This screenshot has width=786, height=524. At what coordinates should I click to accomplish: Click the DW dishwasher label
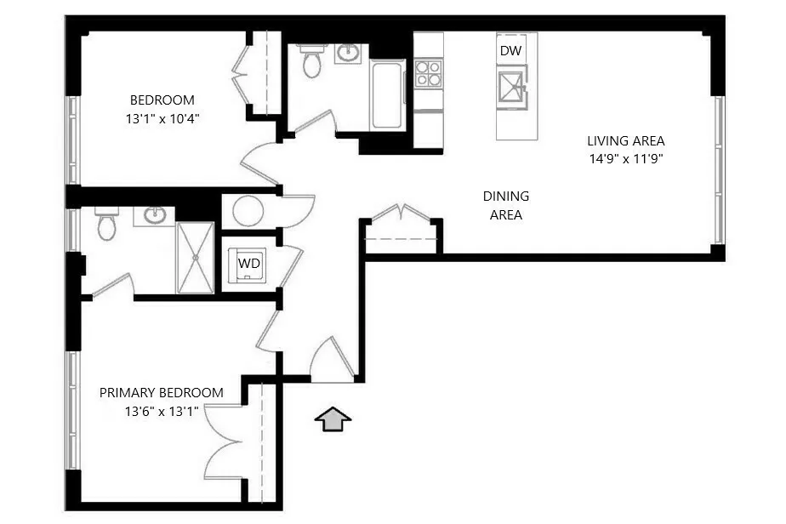click(510, 51)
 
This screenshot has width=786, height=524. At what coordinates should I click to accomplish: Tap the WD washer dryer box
click(249, 264)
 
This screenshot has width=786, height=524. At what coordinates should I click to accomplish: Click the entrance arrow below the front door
click(333, 418)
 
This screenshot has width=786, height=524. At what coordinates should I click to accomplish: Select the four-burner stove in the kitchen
click(429, 74)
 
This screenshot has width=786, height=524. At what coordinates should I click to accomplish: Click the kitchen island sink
click(514, 88)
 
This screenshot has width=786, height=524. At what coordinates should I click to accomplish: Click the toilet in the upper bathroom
click(312, 60)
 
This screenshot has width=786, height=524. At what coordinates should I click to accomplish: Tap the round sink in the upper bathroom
click(348, 53)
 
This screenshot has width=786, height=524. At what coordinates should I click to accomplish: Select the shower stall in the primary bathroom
click(196, 257)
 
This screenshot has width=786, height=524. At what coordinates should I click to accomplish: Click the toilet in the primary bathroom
click(107, 224)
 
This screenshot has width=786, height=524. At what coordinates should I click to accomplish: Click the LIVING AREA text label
click(625, 141)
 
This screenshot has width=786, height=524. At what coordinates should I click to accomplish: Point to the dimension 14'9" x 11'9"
click(625, 158)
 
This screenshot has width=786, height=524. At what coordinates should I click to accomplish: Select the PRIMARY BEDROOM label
click(162, 393)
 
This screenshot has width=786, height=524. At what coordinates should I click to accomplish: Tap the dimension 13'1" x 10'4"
click(162, 118)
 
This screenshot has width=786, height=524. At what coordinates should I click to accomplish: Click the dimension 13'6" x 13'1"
click(162, 412)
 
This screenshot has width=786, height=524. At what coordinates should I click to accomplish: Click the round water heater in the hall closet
click(248, 210)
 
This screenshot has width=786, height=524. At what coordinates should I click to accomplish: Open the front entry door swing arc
click(330, 358)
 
